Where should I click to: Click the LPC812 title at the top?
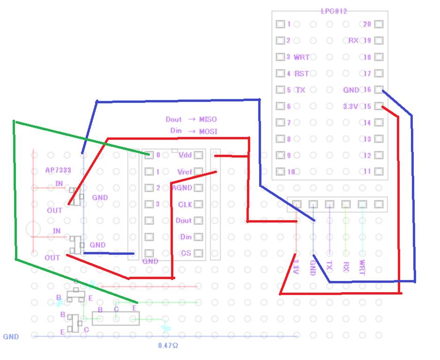(x=334, y=11)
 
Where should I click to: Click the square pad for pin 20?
(x=379, y=24)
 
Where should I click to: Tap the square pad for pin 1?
(x=280, y=24)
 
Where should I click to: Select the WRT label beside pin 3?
(x=301, y=57)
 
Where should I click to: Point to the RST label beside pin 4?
(x=301, y=73)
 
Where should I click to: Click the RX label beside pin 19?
(x=353, y=41)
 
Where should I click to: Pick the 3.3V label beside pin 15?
(x=351, y=106)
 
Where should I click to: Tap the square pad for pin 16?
(x=379, y=90)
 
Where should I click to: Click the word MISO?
(x=208, y=119)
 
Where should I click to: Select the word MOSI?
(x=208, y=131)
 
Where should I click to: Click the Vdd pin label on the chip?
(x=185, y=155)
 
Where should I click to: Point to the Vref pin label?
(x=185, y=172)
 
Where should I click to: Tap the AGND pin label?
(x=182, y=188)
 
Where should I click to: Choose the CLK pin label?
(x=185, y=205)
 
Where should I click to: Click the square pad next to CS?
(x=198, y=253)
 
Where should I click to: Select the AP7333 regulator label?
(x=58, y=170)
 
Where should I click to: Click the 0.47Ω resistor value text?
(x=168, y=345)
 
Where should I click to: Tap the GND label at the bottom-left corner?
(x=11, y=337)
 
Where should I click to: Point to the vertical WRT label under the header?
(x=362, y=267)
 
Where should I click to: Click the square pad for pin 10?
(x=280, y=172)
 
